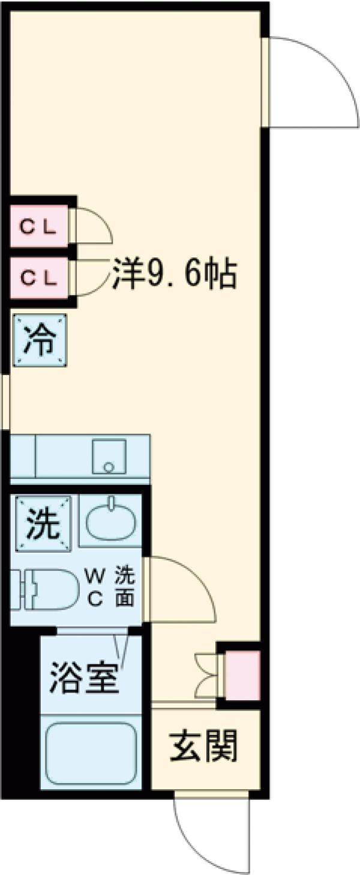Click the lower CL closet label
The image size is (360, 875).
pos(38,277)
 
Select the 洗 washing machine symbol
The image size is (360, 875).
pos(43,523)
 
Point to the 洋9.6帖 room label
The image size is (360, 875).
pos(174,273)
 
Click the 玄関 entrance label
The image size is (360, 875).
pos(205,747)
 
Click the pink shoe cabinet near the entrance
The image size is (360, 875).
pos(242,676)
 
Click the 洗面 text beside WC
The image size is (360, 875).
pos(124,586)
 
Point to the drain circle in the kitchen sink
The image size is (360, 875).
pos(108,466)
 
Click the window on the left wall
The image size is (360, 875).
pos(5,401)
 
